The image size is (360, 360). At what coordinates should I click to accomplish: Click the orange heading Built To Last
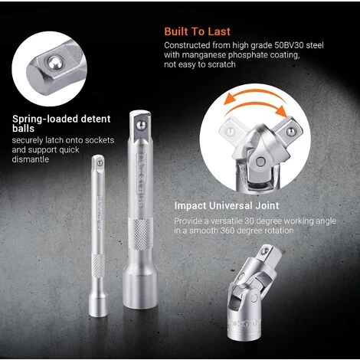(197, 31)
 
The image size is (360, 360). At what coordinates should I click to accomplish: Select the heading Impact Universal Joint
(227, 206)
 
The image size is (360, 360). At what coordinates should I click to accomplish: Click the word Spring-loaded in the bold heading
(45, 119)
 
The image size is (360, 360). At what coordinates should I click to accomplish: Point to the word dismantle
(31, 159)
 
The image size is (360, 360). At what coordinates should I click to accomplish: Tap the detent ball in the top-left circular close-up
(55, 63)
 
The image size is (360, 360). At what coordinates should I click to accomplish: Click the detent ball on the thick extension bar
(141, 125)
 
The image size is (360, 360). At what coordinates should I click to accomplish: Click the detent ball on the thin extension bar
(100, 163)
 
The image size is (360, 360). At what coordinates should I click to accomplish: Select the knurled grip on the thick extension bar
(141, 234)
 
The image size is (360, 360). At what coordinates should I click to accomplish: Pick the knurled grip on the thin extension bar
(98, 266)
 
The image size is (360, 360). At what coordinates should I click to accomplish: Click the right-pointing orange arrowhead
(282, 110)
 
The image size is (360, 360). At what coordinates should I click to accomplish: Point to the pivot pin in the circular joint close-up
(260, 162)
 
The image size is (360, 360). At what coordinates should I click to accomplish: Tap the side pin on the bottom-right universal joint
(254, 298)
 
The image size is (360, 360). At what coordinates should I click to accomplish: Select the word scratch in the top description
(221, 64)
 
